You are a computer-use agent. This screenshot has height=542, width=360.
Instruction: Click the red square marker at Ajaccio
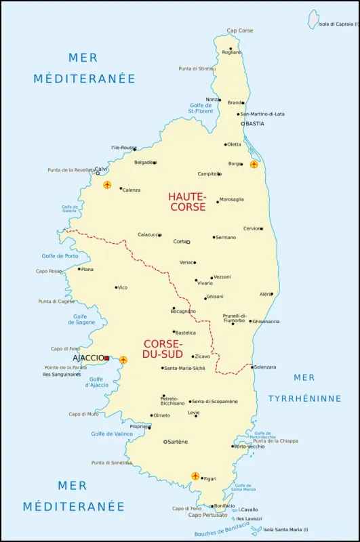tap(106, 358)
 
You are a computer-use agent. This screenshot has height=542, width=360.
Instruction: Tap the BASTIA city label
tap(255, 124)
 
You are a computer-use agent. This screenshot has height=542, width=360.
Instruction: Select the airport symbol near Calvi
tap(107, 185)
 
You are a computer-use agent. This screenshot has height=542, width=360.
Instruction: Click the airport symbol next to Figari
tap(196, 476)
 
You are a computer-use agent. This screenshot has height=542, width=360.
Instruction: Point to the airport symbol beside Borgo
tap(254, 164)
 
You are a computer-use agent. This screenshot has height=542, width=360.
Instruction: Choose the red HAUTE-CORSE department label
tap(187, 202)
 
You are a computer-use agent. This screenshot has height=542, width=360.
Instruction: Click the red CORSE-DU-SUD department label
tap(163, 349)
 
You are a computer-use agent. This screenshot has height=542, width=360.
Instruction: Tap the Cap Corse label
tap(240, 30)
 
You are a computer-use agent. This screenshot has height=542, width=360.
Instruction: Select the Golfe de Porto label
tap(60, 256)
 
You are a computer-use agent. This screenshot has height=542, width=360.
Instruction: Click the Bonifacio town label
tap(224, 505)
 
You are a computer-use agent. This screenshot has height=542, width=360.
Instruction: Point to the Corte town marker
tap(188, 242)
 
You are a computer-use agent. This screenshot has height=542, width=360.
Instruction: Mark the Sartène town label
tap(179, 442)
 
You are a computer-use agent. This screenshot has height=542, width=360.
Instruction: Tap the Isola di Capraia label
tap(338, 24)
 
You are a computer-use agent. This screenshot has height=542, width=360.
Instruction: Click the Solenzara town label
tap(265, 367)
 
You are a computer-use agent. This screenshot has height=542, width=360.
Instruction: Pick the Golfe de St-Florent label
tap(201, 108)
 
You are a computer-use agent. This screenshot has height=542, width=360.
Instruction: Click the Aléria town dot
tap(271, 294)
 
